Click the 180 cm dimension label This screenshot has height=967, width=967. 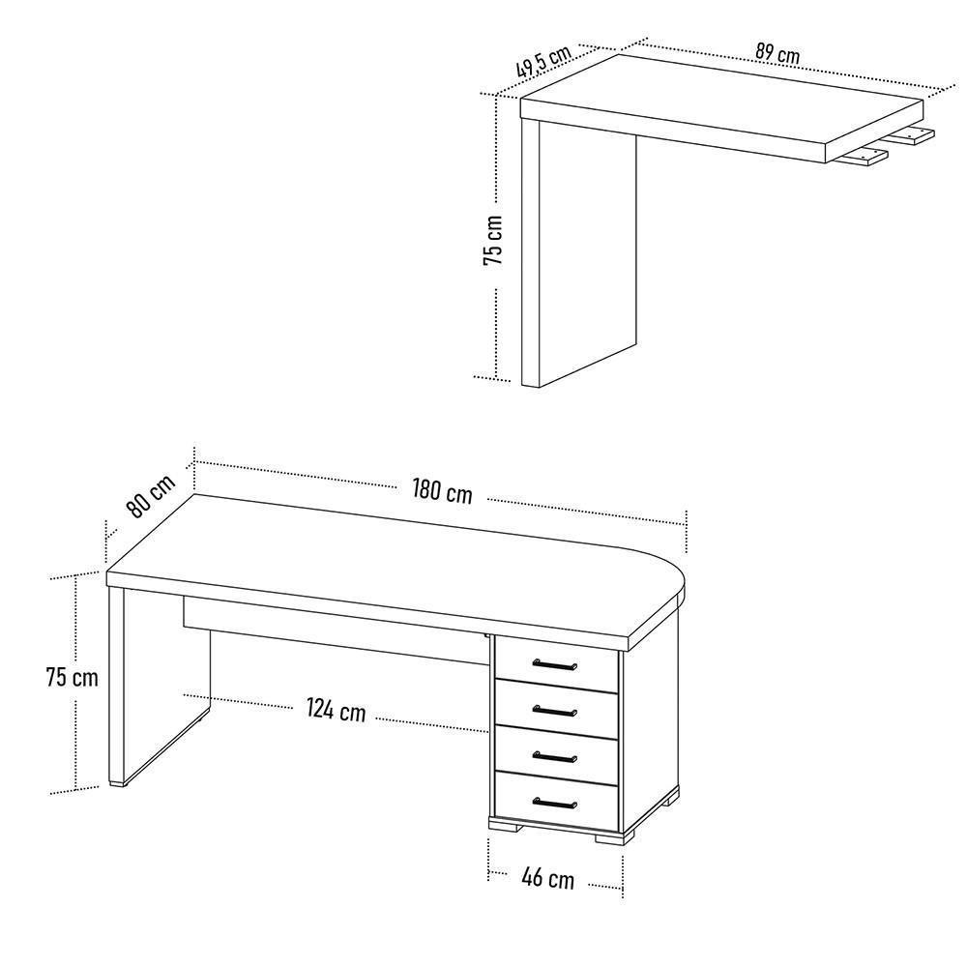442,490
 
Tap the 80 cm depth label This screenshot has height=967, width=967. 150,496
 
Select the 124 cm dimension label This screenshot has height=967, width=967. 336,710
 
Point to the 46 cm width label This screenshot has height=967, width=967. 547,878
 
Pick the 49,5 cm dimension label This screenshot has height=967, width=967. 542,61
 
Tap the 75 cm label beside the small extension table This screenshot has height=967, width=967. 493,239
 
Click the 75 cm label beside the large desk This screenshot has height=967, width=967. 72,677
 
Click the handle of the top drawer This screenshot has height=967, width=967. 555,664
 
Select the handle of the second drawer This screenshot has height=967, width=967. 555,712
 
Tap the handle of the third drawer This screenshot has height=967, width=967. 555,756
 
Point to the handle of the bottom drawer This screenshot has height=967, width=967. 555,803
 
